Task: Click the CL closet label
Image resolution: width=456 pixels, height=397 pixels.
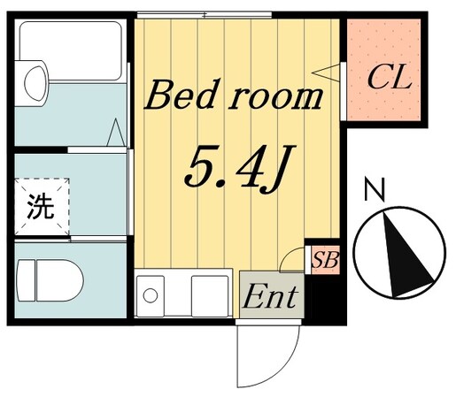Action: (390, 78)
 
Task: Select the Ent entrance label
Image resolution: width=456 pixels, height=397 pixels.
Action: (270, 295)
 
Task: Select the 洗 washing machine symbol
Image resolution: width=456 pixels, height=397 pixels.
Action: (38, 207)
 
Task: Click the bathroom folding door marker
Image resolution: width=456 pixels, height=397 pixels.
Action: (115, 135)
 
